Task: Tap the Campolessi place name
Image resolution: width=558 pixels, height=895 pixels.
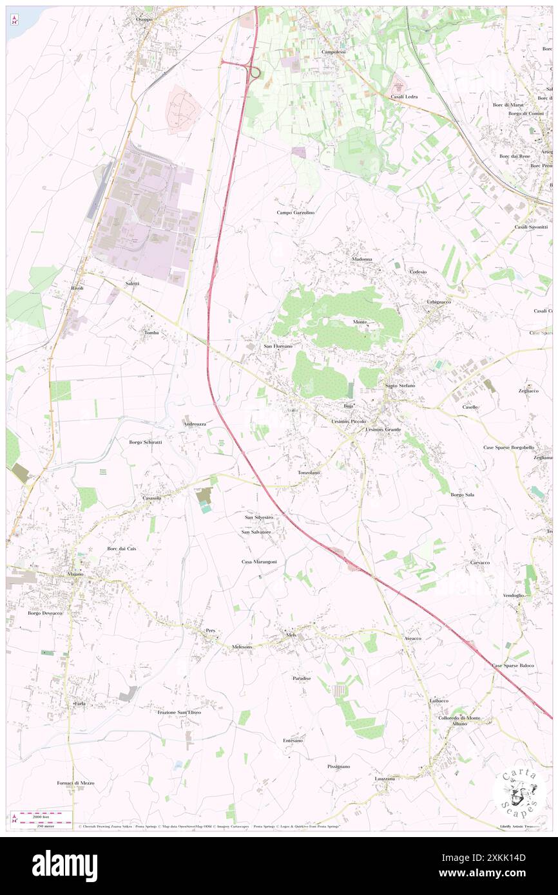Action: pyautogui.click(x=334, y=52)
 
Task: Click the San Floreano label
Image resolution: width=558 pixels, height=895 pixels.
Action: pyautogui.click(x=278, y=346)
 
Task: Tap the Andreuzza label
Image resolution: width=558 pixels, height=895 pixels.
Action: pyautogui.click(x=195, y=424)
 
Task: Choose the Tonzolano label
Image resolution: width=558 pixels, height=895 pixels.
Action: pyautogui.click(x=309, y=473)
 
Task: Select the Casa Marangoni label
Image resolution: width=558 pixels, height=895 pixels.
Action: pyautogui.click(x=259, y=561)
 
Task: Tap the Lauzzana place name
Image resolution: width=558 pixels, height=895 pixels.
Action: pyautogui.click(x=385, y=778)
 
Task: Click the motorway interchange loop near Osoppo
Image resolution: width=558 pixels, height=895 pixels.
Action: pyautogui.click(x=253, y=72)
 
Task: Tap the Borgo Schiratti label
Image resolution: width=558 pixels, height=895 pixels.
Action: pyautogui.click(x=145, y=442)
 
